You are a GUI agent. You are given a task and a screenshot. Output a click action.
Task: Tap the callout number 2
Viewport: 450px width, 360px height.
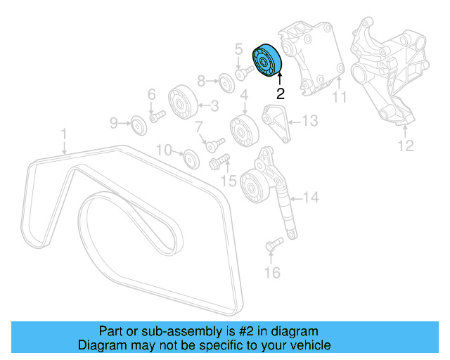point(280,91)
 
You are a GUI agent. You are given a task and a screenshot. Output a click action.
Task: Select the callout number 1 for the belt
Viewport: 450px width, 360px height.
point(63,132)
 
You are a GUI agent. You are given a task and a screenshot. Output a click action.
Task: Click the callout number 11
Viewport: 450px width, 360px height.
point(340,98)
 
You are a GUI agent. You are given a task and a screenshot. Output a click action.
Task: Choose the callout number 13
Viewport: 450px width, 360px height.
point(310,121)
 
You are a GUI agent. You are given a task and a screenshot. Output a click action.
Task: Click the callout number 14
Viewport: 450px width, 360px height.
point(310,198)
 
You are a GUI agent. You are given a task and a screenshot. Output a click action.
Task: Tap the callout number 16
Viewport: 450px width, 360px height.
point(272,272)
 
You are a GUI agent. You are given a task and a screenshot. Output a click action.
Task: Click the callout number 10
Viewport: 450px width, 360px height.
point(163,150)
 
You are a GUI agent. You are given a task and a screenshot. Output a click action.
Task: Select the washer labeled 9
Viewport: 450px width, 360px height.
point(137,125)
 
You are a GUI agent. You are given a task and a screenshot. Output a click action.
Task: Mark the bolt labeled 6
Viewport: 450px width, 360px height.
point(156,115)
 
